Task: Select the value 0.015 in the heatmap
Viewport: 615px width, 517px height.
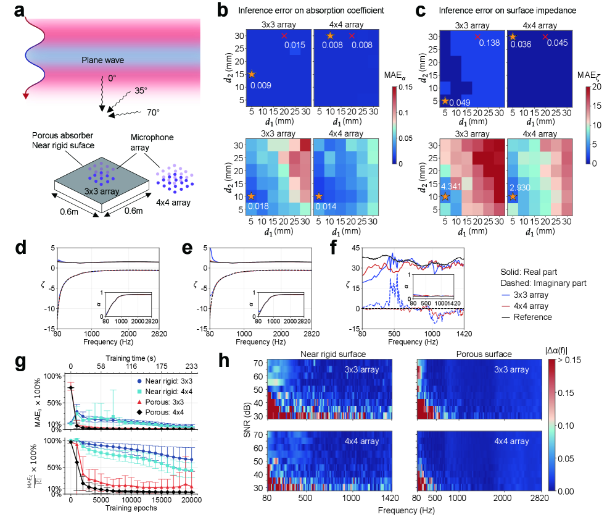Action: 295,45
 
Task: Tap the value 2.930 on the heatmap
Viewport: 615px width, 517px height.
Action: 522,185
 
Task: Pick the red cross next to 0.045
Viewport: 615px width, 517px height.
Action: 545,37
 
